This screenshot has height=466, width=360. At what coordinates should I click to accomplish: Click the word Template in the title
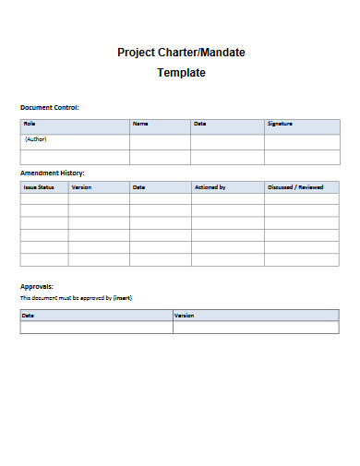(x=180, y=73)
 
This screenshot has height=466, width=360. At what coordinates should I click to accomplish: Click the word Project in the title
(x=137, y=53)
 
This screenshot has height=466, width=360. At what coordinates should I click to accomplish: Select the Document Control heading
(x=50, y=108)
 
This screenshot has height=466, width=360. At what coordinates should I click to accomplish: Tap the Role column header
(x=30, y=124)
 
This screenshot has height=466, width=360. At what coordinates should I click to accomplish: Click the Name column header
(x=140, y=124)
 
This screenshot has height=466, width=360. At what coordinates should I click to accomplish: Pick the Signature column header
(x=281, y=124)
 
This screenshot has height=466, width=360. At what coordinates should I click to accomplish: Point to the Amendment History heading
(x=53, y=173)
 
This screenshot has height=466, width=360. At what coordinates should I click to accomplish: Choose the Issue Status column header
(x=39, y=187)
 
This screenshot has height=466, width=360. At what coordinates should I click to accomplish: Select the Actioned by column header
(x=210, y=187)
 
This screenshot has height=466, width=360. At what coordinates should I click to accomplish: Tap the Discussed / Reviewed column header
(x=295, y=187)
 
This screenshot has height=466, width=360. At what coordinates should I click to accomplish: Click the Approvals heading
(x=37, y=286)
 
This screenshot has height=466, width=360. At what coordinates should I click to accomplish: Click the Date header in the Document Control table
(x=199, y=124)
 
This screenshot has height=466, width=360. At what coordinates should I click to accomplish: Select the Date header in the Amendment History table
(x=138, y=187)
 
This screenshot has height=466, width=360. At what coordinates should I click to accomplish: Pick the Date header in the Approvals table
(x=29, y=316)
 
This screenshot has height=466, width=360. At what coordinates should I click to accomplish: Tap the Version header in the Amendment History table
(x=81, y=187)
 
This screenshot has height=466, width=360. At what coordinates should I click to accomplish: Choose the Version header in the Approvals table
(x=185, y=316)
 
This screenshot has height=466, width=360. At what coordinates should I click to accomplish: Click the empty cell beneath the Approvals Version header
(x=256, y=328)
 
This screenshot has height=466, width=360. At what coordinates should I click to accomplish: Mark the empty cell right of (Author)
(x=160, y=140)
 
